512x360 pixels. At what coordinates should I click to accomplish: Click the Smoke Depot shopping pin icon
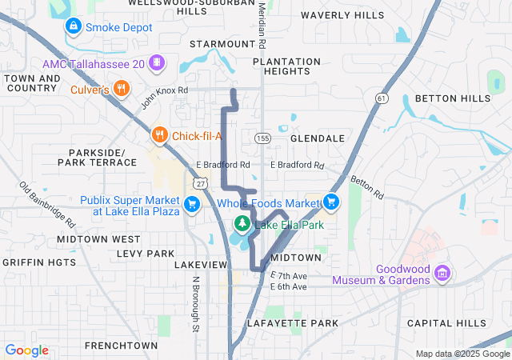[x=74, y=26]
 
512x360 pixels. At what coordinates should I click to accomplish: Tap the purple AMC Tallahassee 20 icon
[x=157, y=62]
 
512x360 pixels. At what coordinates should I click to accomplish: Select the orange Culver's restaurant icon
[x=122, y=89]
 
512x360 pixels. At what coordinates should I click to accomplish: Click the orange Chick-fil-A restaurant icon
[x=160, y=135]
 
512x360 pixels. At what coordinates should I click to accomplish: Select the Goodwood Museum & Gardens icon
[x=441, y=274]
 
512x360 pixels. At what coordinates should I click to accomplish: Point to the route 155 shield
[x=262, y=138]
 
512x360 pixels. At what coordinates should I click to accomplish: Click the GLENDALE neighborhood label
[x=317, y=138]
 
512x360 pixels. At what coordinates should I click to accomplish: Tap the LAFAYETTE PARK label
[x=293, y=323]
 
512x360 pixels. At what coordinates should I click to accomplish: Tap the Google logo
[x=26, y=350]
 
